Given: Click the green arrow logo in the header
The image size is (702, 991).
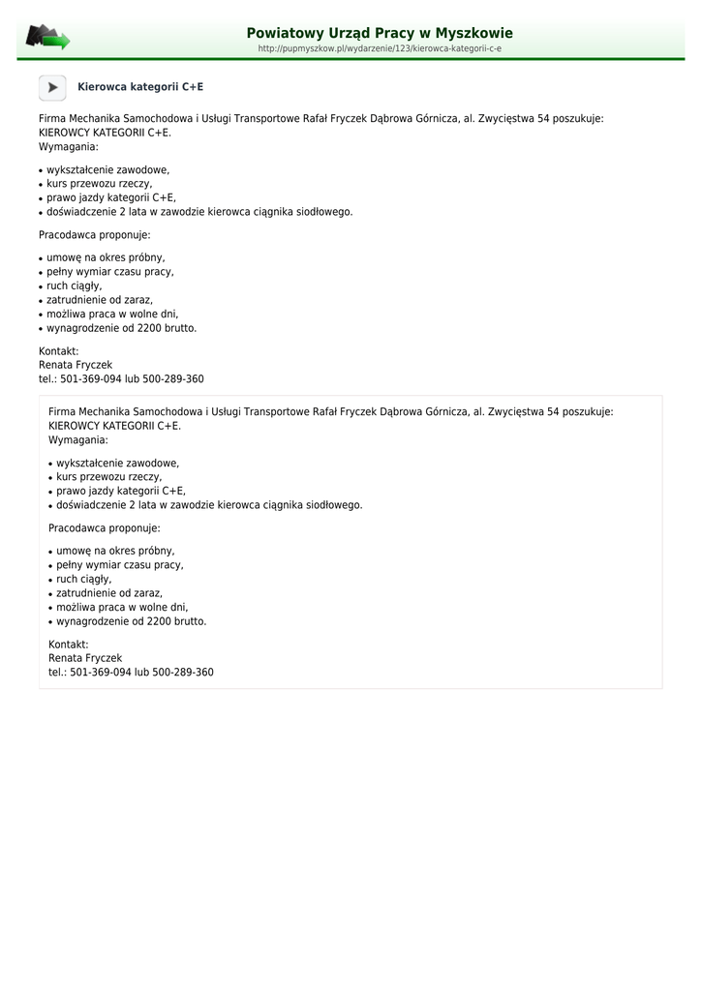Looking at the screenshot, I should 47,38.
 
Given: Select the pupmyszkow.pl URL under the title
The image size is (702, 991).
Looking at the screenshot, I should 380,48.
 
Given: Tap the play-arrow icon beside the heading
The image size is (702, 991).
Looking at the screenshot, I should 52,87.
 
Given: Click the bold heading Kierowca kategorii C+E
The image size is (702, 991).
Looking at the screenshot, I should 140,87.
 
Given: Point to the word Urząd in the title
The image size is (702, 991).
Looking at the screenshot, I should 337,34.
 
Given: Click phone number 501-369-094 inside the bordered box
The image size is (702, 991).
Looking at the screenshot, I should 101,672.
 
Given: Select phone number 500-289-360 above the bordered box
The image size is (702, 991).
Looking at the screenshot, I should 173,379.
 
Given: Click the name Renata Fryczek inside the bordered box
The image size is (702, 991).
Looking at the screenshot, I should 85,658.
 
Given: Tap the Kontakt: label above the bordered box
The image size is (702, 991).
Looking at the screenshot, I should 58,351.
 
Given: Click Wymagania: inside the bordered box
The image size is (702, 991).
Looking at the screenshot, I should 78,439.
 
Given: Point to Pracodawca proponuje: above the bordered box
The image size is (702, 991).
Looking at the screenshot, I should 95,235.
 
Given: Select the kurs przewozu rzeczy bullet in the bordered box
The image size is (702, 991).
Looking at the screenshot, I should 108,477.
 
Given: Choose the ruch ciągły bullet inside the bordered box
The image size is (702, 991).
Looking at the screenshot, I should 83,579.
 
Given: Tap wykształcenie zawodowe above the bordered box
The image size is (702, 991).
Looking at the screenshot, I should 107,169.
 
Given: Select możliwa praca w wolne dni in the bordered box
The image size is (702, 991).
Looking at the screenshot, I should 122,608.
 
